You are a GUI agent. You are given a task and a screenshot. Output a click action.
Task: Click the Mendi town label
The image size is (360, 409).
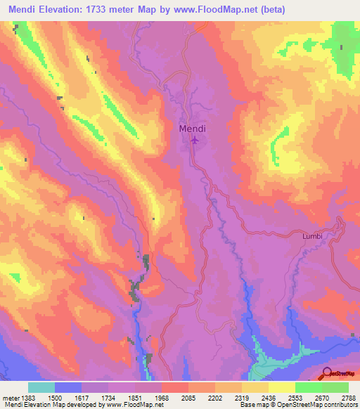193,129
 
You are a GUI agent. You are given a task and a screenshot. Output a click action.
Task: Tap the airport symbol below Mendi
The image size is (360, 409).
195,142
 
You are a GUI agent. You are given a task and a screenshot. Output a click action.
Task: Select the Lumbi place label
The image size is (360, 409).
312,236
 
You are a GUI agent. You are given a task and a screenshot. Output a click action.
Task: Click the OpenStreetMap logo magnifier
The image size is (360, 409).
327,373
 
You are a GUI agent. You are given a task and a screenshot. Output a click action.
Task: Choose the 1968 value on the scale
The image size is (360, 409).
162,397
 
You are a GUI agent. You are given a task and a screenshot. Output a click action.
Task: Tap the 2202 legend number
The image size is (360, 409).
215,397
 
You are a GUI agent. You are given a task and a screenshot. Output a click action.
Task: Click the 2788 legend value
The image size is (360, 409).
348,397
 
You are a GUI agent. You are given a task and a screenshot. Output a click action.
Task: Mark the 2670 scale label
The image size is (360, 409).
322,397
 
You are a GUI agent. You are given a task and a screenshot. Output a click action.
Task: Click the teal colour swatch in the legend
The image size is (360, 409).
41,387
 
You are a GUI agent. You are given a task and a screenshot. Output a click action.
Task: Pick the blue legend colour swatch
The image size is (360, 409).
68,387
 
